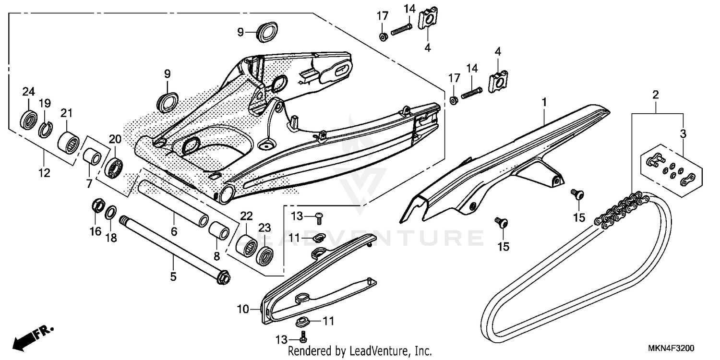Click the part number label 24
[x=29, y=91]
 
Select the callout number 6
[x=174, y=232]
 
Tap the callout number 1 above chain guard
[x=544, y=102]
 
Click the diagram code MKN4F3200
[x=672, y=348]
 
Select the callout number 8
[x=217, y=256]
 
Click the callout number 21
[x=66, y=113]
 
